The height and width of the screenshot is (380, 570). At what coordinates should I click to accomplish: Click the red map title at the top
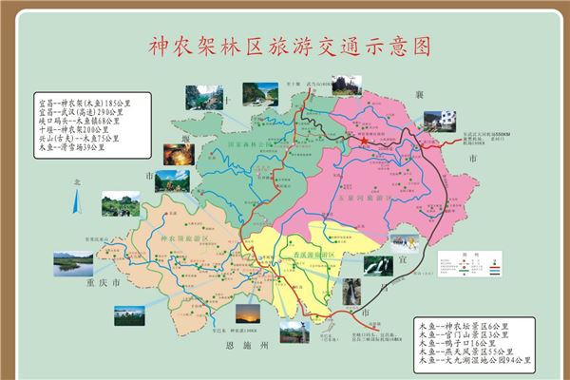284,46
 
